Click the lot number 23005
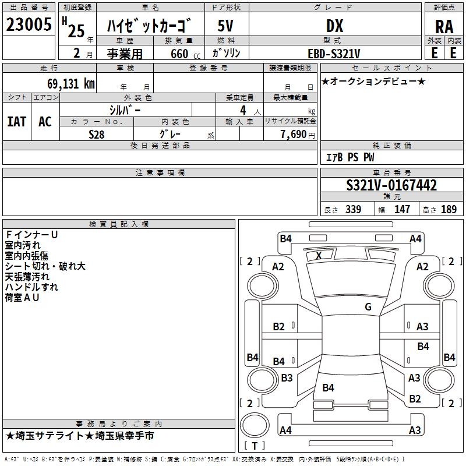pyautogui.click(x=29, y=25)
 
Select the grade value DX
pyautogui.click(x=334, y=26)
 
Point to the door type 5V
pyautogui.click(x=227, y=26)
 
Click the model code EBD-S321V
pyautogui.click(x=334, y=54)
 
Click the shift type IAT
pyautogui.click(x=16, y=122)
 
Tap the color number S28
pyautogui.click(x=97, y=134)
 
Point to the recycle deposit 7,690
pyautogui.click(x=294, y=135)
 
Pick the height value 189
pyautogui.click(x=449, y=210)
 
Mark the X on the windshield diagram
pyautogui.click(x=319, y=255)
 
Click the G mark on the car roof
pyautogui.click(x=368, y=307)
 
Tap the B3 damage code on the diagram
pyautogui.click(x=287, y=378)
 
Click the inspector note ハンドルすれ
pyautogui.click(x=31, y=287)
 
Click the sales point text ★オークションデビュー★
pyautogui.click(x=373, y=81)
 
